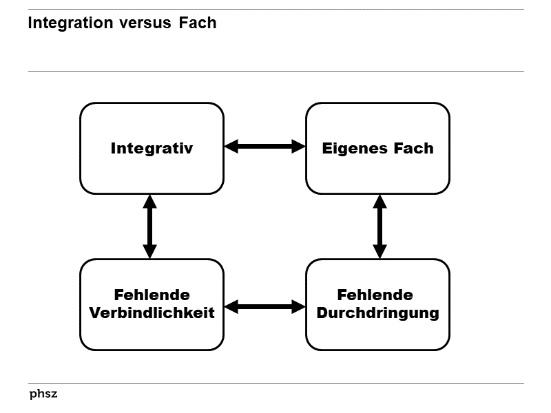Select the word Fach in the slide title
coord(198,23)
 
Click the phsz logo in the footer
coord(43,394)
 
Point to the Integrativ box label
coord(152,148)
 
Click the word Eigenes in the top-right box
coord(350,148)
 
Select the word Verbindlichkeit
coord(152,313)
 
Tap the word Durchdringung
coord(377,313)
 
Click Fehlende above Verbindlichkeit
coord(152,295)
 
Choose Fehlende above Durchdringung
coord(375,295)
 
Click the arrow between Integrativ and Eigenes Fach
coord(264,146)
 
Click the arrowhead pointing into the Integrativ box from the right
coord(231,146)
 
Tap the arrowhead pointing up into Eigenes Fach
coord(380,202)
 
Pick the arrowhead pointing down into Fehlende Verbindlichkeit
coord(149,251)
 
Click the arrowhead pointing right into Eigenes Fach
coord(298,146)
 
